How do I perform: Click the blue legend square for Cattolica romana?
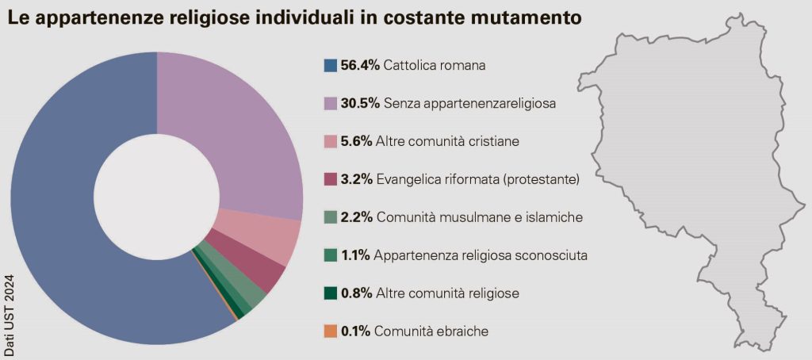331,65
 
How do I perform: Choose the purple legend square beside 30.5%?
331,103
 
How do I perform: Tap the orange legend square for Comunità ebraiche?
331,331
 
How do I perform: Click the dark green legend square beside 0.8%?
331,293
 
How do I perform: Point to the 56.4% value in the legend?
360,65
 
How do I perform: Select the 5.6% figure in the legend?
356,141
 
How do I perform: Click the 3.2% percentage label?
356,179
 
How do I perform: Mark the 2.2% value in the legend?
356,217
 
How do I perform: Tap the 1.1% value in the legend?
356,255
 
